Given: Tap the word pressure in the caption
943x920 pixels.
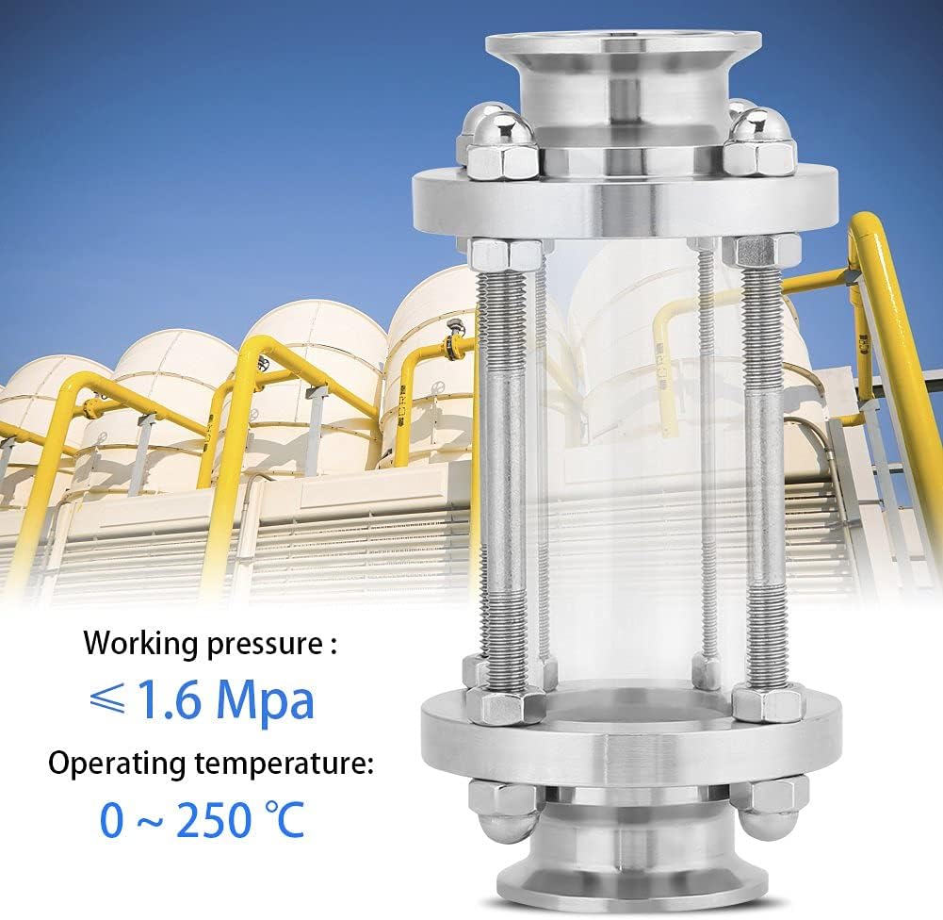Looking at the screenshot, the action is click(x=266, y=646).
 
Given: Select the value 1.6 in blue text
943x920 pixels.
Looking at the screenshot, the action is click(x=170, y=700).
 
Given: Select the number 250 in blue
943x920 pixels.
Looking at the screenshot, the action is click(x=214, y=819).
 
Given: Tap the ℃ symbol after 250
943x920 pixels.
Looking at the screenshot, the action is click(x=285, y=819).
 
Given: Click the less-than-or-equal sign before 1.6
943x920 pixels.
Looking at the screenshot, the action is click(x=108, y=699).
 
